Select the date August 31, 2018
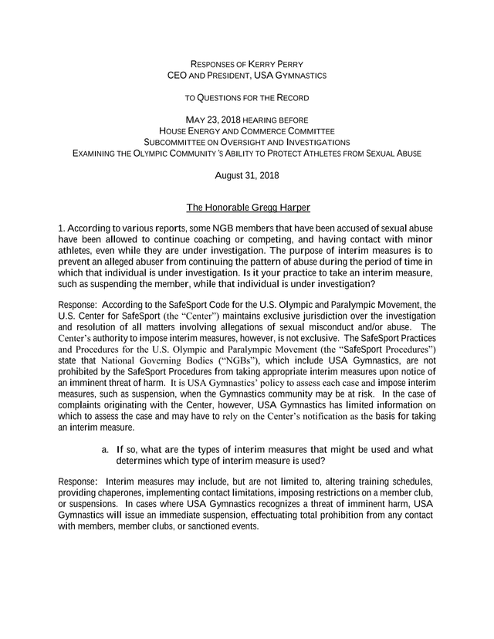coord(247,176)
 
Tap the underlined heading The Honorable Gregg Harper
coord(247,208)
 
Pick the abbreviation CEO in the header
coord(178,76)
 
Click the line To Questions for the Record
coord(247,98)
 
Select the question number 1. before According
coord(62,229)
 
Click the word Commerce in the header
coord(260,131)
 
